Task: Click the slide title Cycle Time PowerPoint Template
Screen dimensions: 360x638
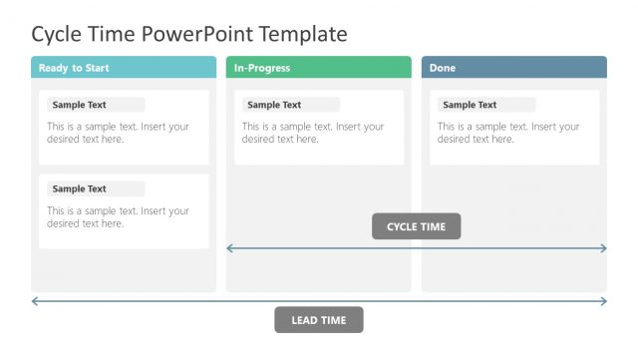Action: click(x=189, y=34)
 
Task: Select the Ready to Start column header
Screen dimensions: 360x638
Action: click(x=124, y=68)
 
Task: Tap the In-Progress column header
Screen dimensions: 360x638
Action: click(x=318, y=68)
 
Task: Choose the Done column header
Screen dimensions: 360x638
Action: click(x=513, y=68)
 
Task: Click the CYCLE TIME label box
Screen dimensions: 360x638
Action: click(x=417, y=226)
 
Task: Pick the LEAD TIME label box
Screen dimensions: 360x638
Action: click(x=319, y=320)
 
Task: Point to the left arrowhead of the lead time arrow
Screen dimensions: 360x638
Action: click(x=35, y=300)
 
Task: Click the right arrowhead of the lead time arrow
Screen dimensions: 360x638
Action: click(x=603, y=300)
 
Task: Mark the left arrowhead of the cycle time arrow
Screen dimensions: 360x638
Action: click(x=230, y=248)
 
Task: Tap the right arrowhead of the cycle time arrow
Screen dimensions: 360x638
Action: click(x=603, y=248)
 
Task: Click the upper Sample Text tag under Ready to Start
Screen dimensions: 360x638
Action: click(x=93, y=105)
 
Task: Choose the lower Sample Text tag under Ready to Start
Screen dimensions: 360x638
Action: click(x=93, y=188)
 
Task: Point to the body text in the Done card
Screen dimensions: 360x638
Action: click(x=508, y=133)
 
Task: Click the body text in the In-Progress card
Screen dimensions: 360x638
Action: click(x=313, y=133)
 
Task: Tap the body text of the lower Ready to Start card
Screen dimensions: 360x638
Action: click(x=118, y=217)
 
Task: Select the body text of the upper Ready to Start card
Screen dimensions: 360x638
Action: click(x=118, y=133)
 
